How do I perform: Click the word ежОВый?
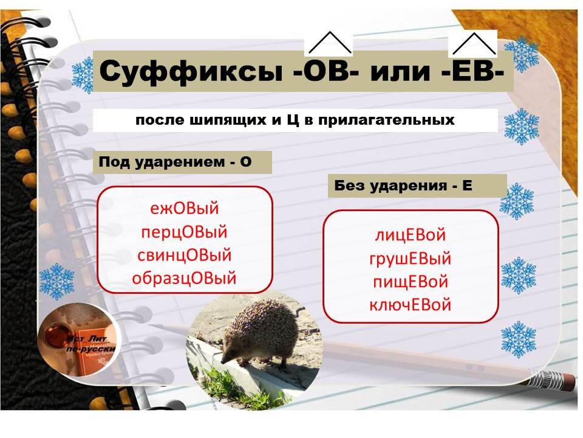click(x=184, y=209)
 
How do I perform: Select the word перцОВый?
click(x=184, y=232)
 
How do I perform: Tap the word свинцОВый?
click(x=184, y=255)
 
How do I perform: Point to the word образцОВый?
click(x=184, y=279)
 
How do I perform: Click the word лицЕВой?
click(x=411, y=235)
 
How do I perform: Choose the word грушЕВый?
click(x=411, y=259)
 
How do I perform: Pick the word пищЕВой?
click(x=411, y=282)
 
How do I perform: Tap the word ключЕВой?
click(x=411, y=305)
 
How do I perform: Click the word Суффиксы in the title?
click(x=189, y=72)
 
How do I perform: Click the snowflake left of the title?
click(x=82, y=75)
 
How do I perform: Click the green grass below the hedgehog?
click(x=255, y=389)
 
